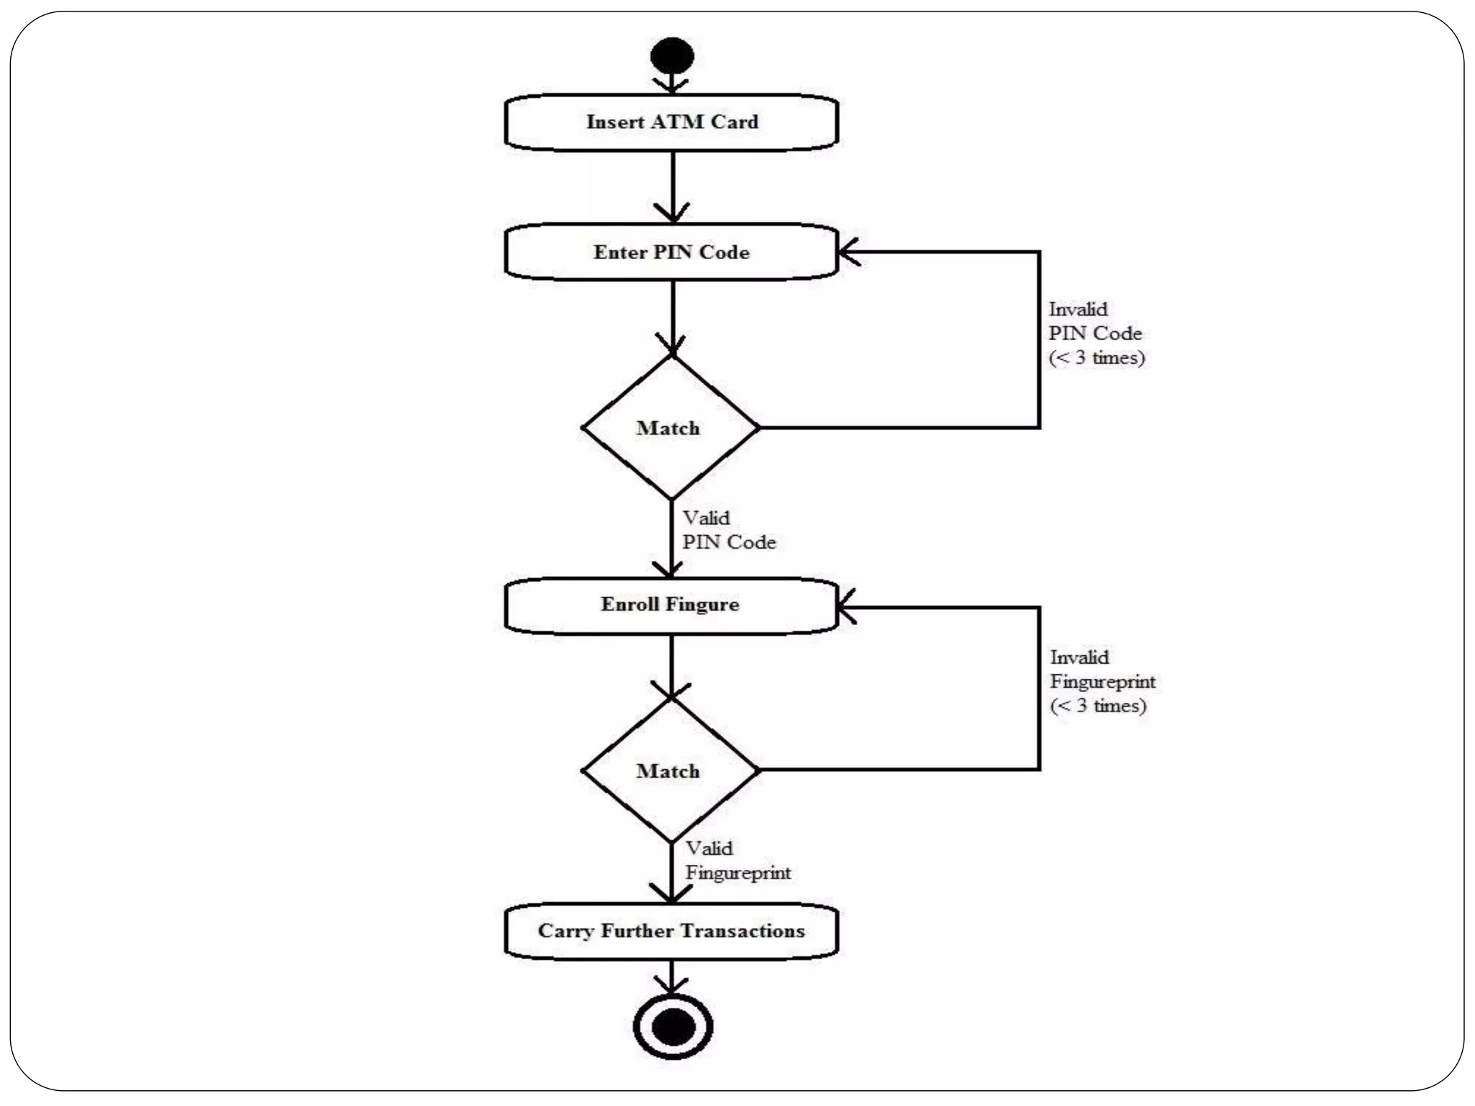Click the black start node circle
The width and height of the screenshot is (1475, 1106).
672,55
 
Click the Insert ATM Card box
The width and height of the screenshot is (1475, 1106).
671,122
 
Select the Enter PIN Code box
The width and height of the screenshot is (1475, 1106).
671,252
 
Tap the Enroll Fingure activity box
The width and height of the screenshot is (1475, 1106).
671,605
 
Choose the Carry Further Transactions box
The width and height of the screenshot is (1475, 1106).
671,931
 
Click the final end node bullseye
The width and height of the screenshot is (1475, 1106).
673,1026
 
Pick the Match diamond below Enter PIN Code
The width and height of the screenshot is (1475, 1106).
670,428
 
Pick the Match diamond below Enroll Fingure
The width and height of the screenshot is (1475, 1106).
670,770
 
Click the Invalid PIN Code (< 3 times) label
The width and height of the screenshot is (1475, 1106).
1095,333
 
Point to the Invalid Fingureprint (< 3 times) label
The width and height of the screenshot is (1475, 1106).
1101,681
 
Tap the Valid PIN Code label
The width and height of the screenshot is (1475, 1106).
728,530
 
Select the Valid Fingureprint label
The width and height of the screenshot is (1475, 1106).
737,860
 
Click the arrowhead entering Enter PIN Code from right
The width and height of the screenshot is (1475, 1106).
848,252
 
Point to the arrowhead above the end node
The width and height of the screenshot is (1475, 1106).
671,986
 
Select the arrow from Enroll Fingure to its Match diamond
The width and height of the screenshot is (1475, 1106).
671,665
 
